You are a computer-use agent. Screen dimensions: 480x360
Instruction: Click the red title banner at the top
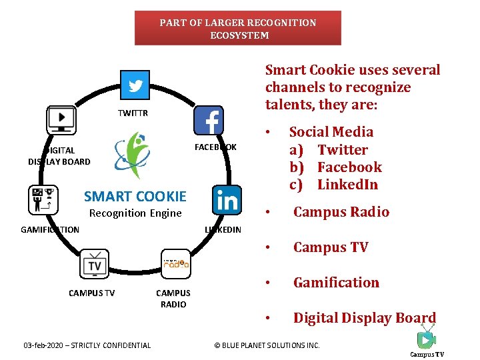238,28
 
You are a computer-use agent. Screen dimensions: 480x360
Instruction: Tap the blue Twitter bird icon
136,86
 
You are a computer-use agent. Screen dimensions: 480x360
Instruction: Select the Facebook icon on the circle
209,121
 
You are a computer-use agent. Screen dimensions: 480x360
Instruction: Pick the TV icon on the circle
94,264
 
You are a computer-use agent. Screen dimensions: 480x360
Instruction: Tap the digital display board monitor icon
61,120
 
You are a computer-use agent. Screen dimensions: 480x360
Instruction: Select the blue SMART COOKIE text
135,196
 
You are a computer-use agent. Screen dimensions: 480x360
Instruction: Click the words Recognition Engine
135,213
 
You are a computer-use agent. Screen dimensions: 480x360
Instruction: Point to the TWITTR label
133,113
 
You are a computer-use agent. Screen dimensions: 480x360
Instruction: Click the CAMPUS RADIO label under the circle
173,299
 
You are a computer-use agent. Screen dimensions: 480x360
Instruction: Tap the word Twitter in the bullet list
343,149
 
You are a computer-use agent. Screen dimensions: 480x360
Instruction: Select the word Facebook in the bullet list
349,167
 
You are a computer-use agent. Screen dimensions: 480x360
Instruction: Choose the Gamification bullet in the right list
336,283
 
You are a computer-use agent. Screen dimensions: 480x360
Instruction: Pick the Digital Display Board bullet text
364,318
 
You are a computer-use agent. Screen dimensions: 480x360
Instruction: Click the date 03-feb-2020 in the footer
87,345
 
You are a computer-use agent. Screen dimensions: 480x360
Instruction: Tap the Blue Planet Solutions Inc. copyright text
266,345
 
